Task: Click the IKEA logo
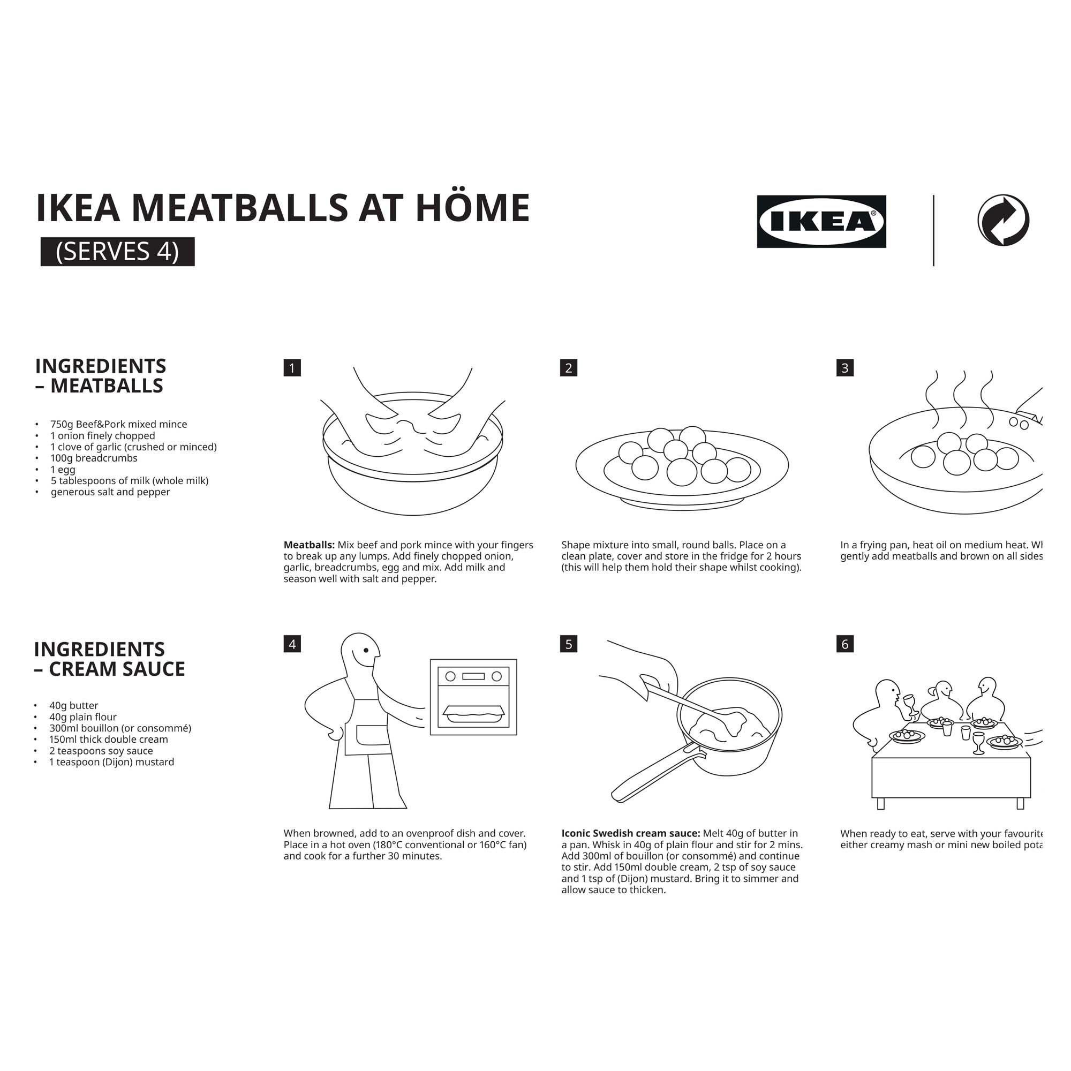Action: (x=821, y=221)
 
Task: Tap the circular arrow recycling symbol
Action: (x=1003, y=220)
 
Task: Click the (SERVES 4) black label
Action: (x=117, y=251)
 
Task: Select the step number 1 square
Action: (x=292, y=367)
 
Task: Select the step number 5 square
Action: (x=569, y=644)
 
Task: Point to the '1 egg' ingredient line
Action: (x=63, y=469)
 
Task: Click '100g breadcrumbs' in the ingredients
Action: (x=94, y=458)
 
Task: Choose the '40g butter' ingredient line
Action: (x=73, y=705)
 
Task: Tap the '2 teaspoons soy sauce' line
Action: (x=101, y=751)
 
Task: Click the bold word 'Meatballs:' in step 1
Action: (x=309, y=545)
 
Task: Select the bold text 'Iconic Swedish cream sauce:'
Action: (x=631, y=833)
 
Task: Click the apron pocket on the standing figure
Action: (x=373, y=735)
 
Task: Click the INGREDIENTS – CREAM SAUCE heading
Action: (x=109, y=659)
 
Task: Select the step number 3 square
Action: (x=845, y=367)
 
